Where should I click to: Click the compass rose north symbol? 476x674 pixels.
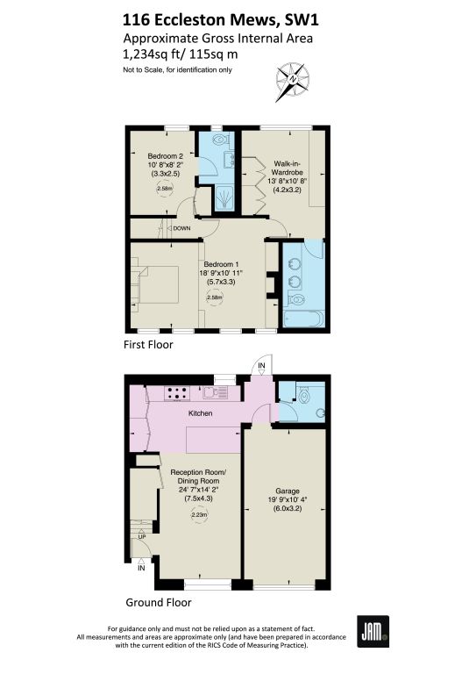292,82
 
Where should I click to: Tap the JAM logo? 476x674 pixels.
373,632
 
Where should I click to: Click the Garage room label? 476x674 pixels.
288,491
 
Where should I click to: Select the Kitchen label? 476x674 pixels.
201,413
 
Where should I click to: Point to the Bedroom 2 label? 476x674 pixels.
166,156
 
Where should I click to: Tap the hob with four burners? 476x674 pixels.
177,393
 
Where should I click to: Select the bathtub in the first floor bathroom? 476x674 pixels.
302,319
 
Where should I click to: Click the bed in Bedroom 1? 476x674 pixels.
158,284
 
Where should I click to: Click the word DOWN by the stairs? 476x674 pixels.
181,228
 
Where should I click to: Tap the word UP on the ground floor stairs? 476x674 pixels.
142,536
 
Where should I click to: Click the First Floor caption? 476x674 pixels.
148,344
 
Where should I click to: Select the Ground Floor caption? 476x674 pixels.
159,602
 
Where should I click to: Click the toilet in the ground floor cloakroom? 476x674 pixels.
304,396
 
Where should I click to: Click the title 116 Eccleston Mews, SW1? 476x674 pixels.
221,20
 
